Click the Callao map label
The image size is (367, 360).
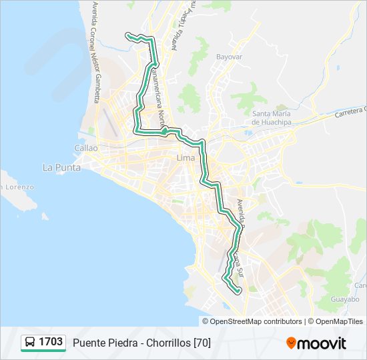[87, 148]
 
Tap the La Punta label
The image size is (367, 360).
[61, 167]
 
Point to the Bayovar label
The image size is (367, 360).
[229, 57]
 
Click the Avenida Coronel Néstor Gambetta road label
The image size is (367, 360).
[91, 54]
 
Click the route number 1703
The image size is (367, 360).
[51, 342]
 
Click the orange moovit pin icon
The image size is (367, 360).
[291, 343]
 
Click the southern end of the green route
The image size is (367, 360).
[238, 291]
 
